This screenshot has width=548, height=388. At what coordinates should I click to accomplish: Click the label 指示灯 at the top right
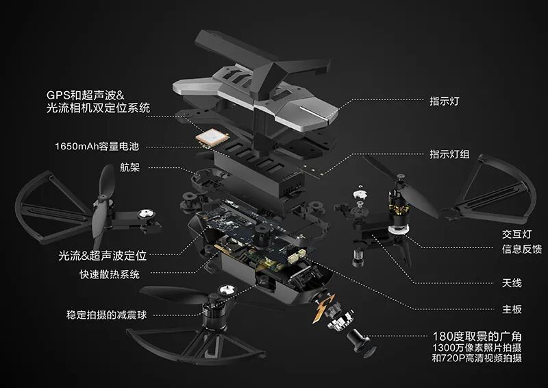(444, 101)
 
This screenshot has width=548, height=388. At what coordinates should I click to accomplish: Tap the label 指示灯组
(449, 154)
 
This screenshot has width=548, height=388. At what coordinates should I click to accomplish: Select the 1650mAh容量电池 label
(97, 146)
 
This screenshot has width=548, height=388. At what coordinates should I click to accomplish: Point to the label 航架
(129, 167)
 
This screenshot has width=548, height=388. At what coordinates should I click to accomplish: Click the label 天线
(512, 282)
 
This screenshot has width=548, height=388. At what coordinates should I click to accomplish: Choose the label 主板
(512, 309)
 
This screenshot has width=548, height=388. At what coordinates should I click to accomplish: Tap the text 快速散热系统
(110, 274)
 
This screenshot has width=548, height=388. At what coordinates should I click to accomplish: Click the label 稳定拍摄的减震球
(107, 315)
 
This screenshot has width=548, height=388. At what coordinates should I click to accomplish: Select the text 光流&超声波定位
(102, 256)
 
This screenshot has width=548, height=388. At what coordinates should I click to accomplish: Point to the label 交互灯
(516, 234)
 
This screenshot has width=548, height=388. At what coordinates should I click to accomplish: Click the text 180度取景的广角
(477, 337)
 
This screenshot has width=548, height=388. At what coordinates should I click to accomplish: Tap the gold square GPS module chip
(212, 137)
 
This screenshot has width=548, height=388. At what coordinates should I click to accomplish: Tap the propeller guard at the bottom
(196, 346)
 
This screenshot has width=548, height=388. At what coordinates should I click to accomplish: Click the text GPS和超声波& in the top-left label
(85, 95)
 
